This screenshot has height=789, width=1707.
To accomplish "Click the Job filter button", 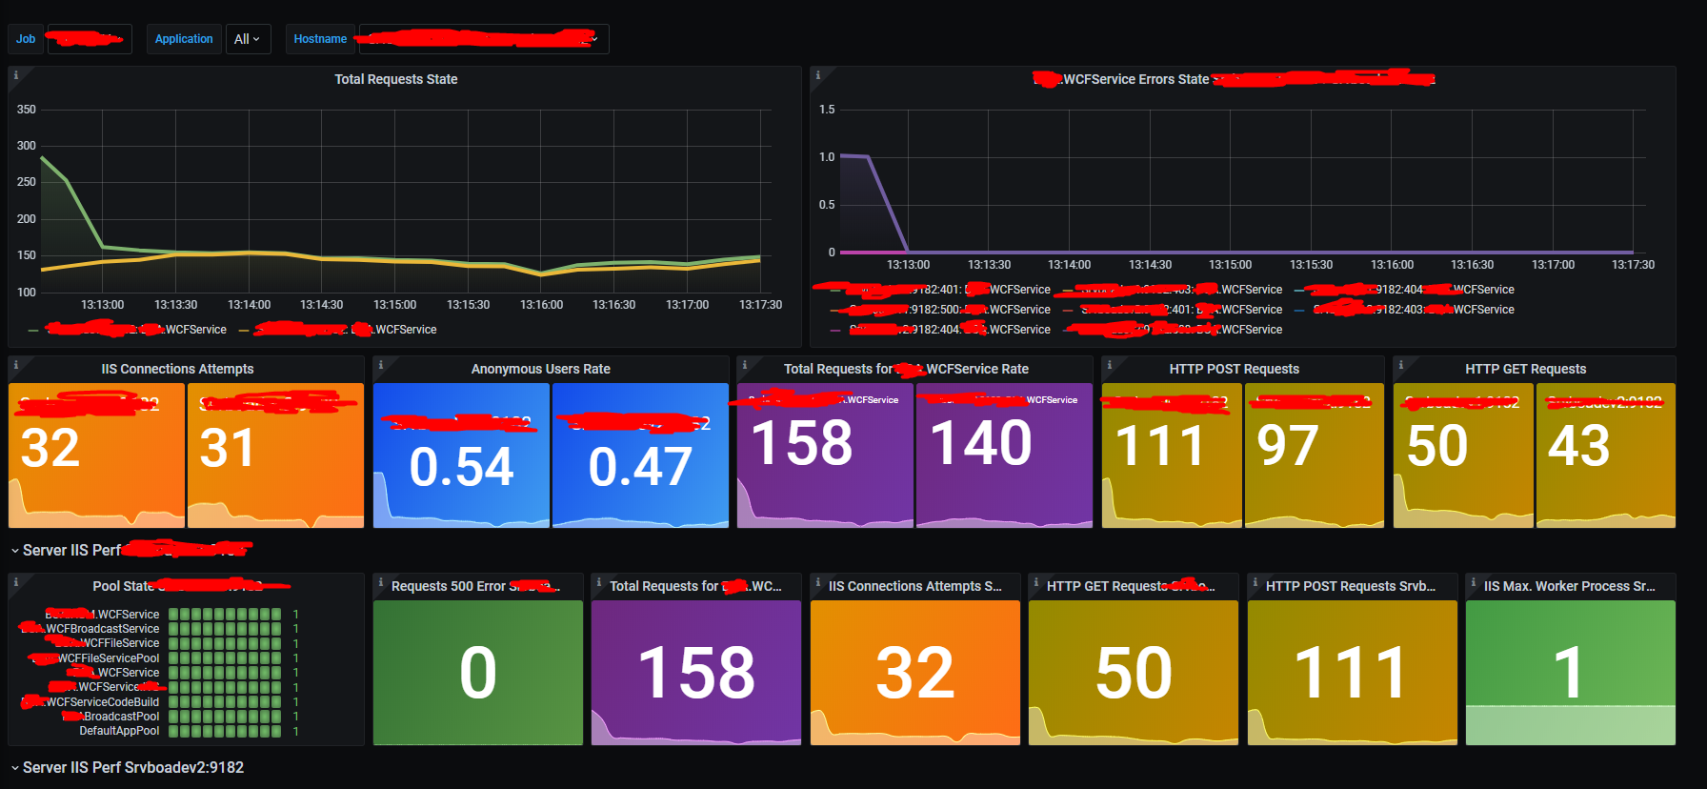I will coord(26,39).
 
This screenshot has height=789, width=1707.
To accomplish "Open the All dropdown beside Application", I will coord(248,39).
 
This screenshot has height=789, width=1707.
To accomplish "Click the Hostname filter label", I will coord(320,39).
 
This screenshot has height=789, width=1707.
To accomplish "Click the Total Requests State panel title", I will coord(395,79).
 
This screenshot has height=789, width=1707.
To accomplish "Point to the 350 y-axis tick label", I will coord(27,110).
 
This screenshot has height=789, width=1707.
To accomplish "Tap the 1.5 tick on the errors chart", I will coord(827,110).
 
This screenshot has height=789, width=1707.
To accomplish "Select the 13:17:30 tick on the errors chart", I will coord(1633,265).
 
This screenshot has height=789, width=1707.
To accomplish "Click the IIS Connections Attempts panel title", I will coord(177,369).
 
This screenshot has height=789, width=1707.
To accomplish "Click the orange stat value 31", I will coord(228,448).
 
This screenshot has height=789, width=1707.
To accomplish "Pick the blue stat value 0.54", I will coord(461,467).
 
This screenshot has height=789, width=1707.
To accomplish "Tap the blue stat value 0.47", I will coord(640,467).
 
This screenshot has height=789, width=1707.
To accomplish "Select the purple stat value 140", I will coord(981,443).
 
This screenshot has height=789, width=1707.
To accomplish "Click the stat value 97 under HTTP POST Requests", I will coord(1288,446).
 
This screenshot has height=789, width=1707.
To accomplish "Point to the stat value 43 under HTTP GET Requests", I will coord(1578,446).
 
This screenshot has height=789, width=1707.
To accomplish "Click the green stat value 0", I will coord(478,673).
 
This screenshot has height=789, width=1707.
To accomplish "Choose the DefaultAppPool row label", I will coord(119,731).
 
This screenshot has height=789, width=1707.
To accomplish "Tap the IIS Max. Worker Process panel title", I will coord(1569,586).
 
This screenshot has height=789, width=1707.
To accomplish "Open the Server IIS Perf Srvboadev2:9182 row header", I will coord(133,767).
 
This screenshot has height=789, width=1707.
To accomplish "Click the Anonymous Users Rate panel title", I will coord(540,369).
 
